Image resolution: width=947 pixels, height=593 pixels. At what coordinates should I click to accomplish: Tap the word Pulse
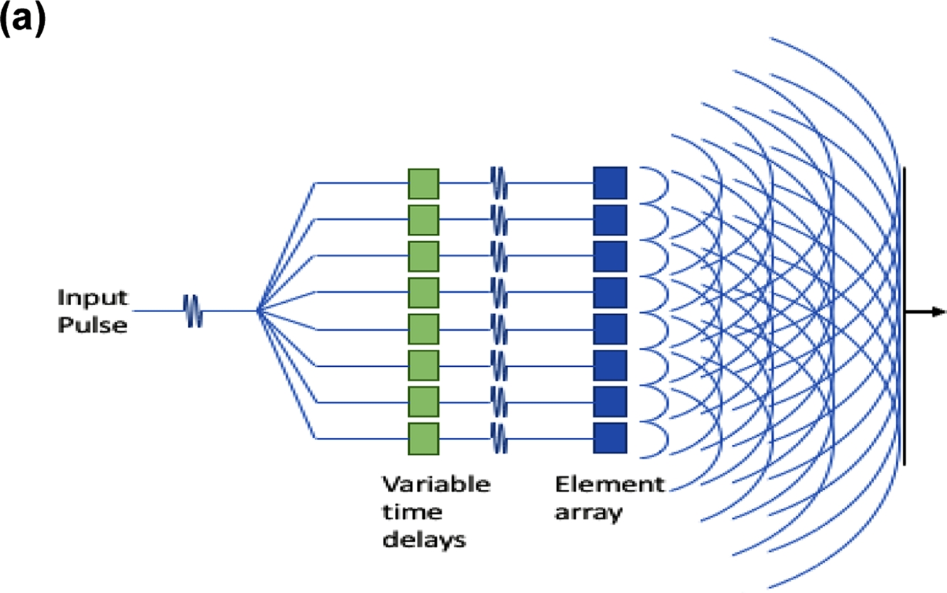[82, 325]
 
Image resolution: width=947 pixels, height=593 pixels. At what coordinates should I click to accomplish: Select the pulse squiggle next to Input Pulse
[193, 311]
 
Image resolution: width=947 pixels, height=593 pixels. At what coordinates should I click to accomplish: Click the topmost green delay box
[423, 183]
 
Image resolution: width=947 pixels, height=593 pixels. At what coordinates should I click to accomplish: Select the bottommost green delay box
[423, 439]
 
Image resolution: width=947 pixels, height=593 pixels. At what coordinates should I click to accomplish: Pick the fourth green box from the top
[423, 293]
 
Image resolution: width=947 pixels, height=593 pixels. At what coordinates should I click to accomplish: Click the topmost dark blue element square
[610, 183]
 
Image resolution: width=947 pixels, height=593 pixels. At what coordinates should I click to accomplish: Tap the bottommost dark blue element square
[610, 439]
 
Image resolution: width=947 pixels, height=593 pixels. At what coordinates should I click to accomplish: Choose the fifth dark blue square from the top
[610, 329]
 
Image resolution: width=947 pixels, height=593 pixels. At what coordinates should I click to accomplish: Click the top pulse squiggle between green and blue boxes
[499, 183]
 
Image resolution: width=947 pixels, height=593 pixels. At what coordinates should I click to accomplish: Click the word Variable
[436, 485]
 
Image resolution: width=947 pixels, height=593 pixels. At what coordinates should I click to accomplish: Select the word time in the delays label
[412, 513]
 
